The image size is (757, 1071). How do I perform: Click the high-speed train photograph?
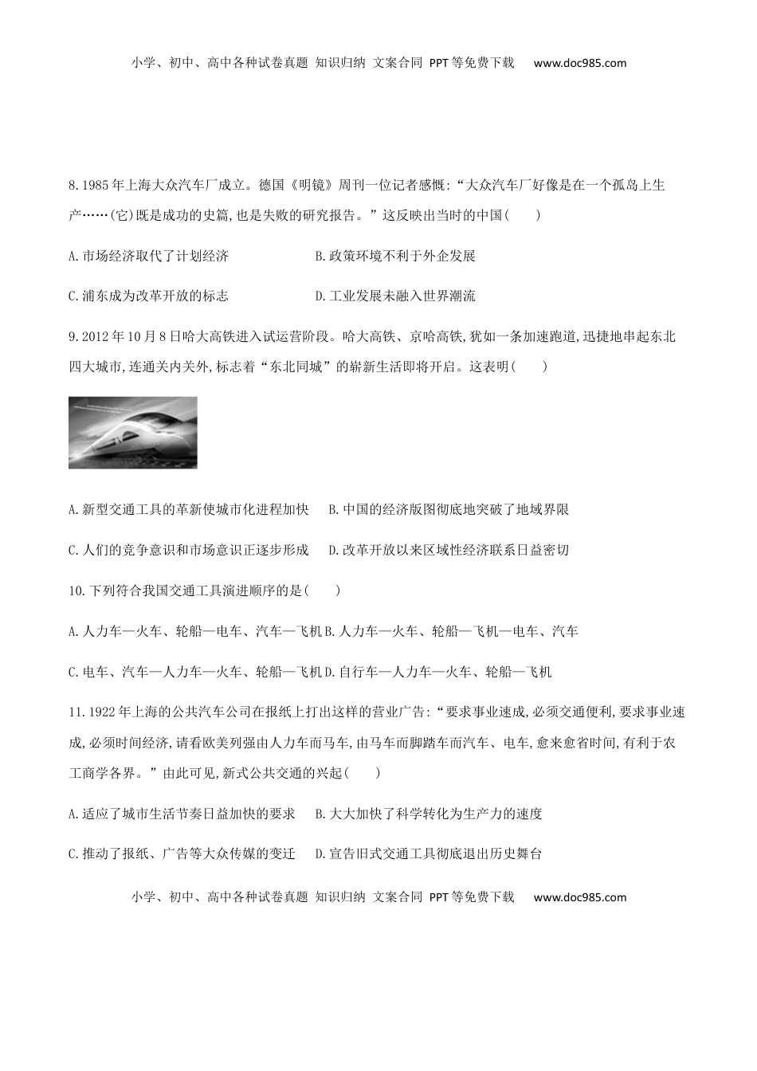click(x=132, y=432)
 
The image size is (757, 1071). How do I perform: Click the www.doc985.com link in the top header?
click(x=579, y=63)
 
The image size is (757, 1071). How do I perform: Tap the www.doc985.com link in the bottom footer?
click(x=579, y=896)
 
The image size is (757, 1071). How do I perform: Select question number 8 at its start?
click(x=74, y=186)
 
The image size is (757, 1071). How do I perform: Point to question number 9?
click(x=74, y=336)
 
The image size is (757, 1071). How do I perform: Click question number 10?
click(x=77, y=590)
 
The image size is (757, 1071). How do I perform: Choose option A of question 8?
click(x=149, y=256)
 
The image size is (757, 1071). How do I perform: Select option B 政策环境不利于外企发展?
click(x=395, y=256)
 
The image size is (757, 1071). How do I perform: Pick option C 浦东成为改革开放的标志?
click(x=149, y=296)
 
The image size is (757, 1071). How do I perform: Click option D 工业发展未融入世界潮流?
click(x=395, y=296)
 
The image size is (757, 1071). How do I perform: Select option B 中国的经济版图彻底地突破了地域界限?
click(x=449, y=509)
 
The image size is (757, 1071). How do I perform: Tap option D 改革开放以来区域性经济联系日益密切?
click(x=449, y=550)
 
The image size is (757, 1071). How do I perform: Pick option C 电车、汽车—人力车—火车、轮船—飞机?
click(x=195, y=672)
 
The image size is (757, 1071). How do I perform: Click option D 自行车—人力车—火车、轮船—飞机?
click(x=438, y=672)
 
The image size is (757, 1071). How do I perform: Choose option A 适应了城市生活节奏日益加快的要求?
click(x=182, y=814)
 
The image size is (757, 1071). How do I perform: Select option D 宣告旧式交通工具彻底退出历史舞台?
click(x=429, y=853)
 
